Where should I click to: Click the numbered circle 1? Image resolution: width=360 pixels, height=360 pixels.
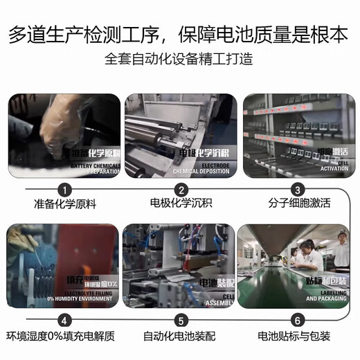64,189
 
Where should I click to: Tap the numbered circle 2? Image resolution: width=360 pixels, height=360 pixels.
181,189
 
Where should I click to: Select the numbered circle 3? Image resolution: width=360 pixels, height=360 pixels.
297,189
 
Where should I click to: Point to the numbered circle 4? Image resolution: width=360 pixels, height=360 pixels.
64,321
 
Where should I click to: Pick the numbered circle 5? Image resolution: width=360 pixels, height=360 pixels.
181,321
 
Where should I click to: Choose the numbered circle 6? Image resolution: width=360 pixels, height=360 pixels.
297,321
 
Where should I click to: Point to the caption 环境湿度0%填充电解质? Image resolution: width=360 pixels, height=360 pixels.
64,338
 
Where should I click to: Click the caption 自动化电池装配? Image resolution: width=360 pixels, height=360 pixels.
181,338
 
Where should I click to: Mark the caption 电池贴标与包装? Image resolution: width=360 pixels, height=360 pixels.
297,338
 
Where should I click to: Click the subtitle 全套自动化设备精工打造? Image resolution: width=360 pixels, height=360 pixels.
180,60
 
